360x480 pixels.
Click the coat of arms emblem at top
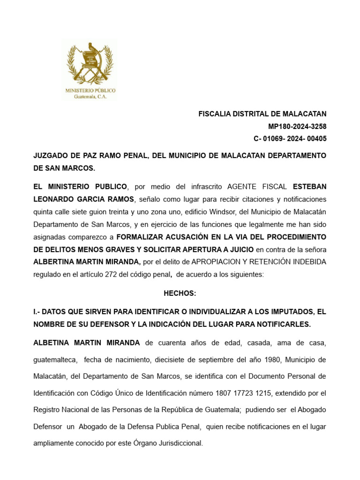90,63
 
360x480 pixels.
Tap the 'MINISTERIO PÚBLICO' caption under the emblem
90,90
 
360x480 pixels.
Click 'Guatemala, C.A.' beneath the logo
90,96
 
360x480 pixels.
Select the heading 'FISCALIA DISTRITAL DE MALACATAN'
262,114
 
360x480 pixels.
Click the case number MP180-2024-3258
297,127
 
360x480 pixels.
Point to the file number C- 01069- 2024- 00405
290,139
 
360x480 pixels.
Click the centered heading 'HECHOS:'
180,293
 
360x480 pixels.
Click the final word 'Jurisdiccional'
180,442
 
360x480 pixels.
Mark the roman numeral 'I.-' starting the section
38,312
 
